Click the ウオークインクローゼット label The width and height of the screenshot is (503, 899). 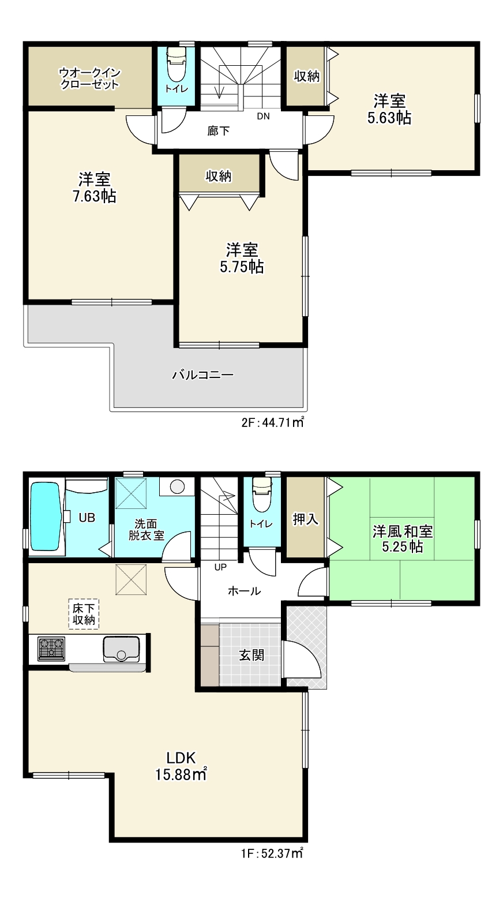[x=89, y=78]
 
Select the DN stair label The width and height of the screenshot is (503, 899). [x=263, y=117]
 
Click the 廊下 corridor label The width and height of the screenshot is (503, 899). [x=219, y=131]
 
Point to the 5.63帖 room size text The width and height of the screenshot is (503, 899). [x=389, y=118]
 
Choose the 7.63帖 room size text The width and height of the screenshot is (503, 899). [x=95, y=196]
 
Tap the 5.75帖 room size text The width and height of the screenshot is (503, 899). [x=242, y=267]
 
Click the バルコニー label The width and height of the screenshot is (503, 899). [x=202, y=375]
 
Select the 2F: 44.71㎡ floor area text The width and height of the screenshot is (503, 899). [x=272, y=422]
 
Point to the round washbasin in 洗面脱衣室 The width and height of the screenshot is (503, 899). [x=177, y=487]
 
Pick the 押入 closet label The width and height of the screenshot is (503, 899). [x=306, y=519]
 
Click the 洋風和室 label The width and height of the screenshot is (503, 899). [x=402, y=531]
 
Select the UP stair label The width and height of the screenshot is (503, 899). [x=220, y=567]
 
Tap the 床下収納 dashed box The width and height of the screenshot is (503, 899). [x=84, y=614]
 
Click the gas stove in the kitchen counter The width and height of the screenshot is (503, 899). [x=51, y=649]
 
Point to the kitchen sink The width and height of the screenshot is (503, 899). [x=122, y=649]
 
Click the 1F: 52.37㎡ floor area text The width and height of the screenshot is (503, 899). [x=272, y=853]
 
